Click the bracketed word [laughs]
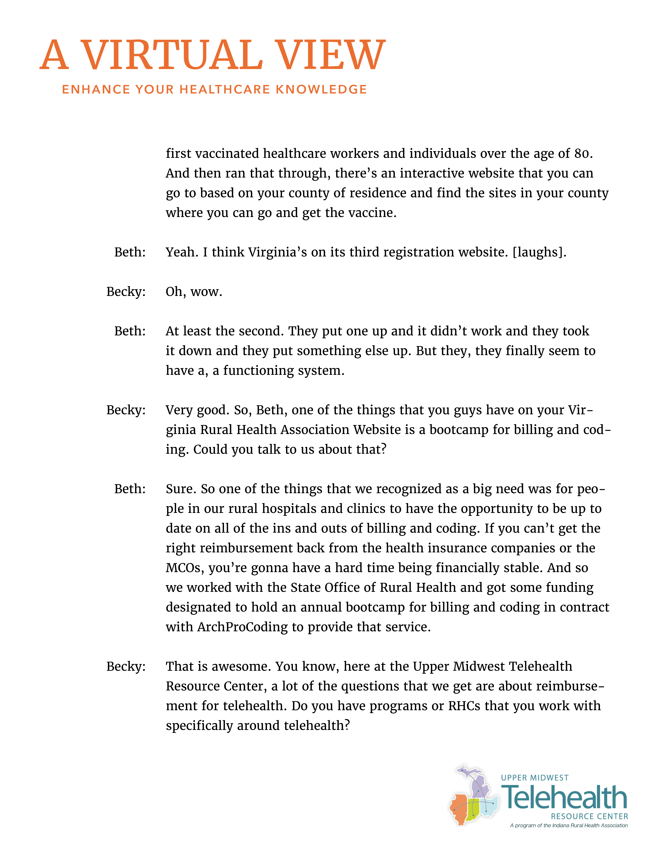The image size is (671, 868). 539,252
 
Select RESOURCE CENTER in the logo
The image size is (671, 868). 589,816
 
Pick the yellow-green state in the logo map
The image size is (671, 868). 473,809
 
